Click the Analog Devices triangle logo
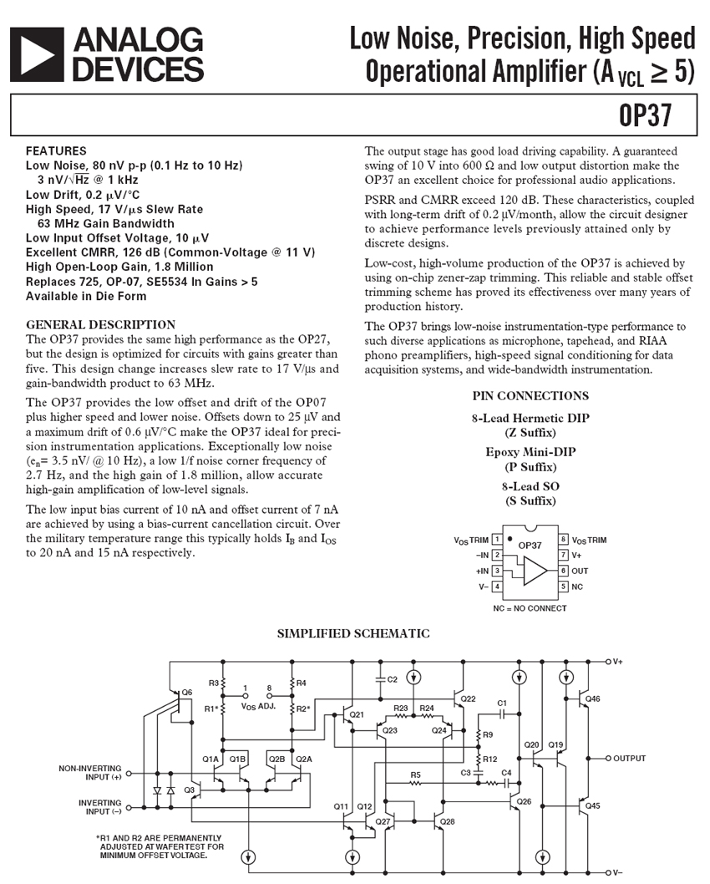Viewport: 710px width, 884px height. pyautogui.click(x=37, y=53)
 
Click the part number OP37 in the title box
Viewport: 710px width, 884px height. pyautogui.click(x=646, y=115)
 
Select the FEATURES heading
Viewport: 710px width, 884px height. pyautogui.click(x=56, y=151)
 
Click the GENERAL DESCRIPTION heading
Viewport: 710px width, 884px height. pyautogui.click(x=101, y=324)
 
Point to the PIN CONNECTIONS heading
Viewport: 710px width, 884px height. pyautogui.click(x=530, y=396)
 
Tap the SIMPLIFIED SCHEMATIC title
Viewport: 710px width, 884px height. pyautogui.click(x=353, y=633)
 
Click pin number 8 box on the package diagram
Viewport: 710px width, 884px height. pyautogui.click(x=564, y=540)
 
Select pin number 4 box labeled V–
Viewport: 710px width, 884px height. pyautogui.click(x=497, y=587)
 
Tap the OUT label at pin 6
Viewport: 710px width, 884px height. pyautogui.click(x=580, y=571)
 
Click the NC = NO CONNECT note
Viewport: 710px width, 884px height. pyautogui.click(x=530, y=608)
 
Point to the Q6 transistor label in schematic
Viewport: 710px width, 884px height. pyautogui.click(x=186, y=692)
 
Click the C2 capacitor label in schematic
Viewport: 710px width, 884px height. pyautogui.click(x=392, y=679)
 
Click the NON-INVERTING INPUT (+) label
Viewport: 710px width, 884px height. pyautogui.click(x=89, y=772)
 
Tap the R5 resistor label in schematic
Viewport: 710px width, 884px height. pyautogui.click(x=415, y=775)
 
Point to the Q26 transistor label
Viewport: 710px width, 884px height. pyautogui.click(x=524, y=801)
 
